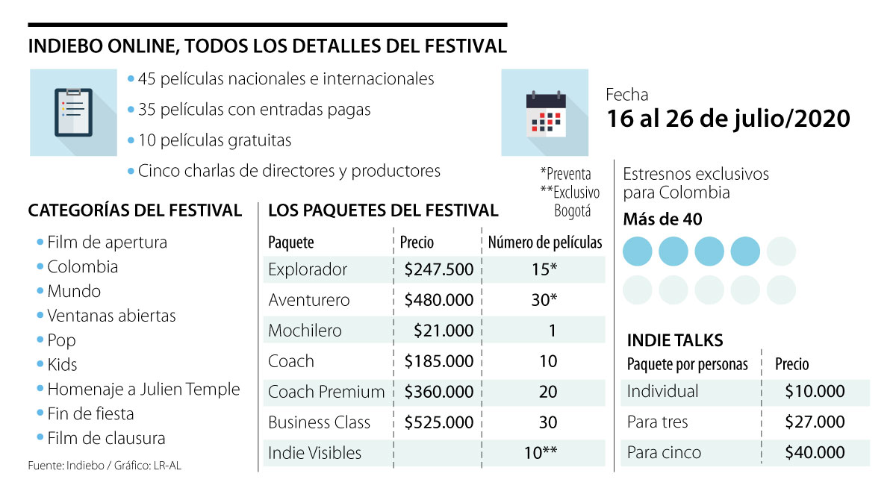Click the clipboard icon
73,112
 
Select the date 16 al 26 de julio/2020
727,118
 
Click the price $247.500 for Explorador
438,269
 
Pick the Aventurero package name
308,300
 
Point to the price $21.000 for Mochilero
444,331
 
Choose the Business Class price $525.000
438,422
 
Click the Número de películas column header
544,243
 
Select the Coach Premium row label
326,392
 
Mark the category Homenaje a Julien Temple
143,390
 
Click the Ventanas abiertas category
111,316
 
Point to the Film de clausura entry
106,438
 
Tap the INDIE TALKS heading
674,340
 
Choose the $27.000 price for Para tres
815,422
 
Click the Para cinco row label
664,452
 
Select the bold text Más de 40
662,219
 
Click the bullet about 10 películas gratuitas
214,140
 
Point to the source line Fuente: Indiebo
105,466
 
